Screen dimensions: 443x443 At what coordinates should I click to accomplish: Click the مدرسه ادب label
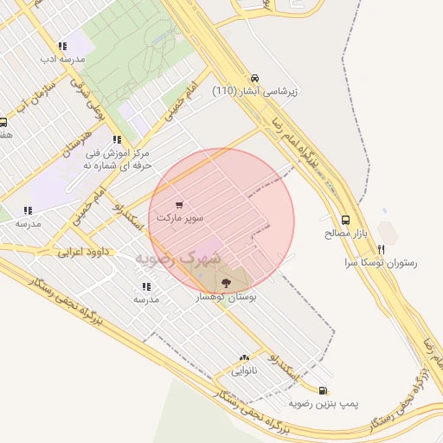[x=61, y=59]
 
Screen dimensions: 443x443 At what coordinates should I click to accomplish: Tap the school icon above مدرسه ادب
[x=61, y=46]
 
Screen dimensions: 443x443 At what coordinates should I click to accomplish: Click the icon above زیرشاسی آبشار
[x=254, y=77]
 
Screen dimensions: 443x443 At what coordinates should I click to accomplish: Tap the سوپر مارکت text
[x=180, y=218]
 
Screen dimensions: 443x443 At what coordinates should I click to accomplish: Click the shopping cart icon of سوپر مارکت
[x=179, y=205]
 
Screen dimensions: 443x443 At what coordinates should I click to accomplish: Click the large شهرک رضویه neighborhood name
[x=178, y=258]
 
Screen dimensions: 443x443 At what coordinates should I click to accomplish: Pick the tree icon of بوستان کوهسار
[x=227, y=282]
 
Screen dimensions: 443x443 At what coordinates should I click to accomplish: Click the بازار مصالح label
[x=346, y=233]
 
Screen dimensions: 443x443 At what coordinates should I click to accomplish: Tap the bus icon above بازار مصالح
[x=346, y=220]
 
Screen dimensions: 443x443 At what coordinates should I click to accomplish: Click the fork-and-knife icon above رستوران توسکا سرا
[x=381, y=248]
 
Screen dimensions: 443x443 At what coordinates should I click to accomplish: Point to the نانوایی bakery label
[x=244, y=371]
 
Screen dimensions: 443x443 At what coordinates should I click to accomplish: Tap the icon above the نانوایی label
[x=244, y=358]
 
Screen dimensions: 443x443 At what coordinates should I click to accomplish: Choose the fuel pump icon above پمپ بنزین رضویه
[x=323, y=391]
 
